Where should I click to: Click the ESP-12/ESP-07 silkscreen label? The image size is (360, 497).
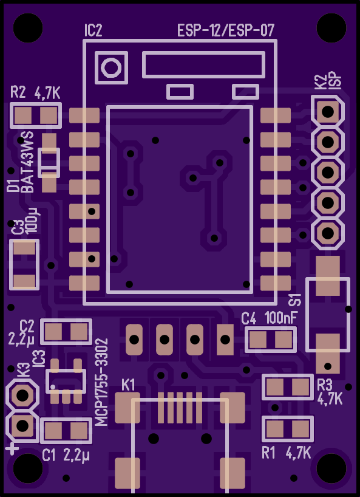click(226, 32)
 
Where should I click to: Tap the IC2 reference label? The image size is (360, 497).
click(93, 32)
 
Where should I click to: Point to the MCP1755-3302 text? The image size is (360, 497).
click(101, 382)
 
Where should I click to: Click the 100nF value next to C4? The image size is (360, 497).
click(282, 318)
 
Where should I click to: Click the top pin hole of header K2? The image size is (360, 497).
click(328, 112)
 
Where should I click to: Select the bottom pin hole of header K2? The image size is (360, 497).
click(328, 233)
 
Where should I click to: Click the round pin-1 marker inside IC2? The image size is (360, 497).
click(111, 67)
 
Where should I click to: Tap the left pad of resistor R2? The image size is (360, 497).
click(23, 115)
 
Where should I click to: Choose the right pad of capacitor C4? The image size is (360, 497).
click(284, 340)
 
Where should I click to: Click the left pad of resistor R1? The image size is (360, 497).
click(275, 430)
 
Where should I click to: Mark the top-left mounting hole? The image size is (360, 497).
click(28, 28)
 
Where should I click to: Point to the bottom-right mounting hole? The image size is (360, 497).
click(331, 468)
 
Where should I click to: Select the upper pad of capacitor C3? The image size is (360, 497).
click(24, 249)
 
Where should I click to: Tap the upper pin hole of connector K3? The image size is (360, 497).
click(22, 396)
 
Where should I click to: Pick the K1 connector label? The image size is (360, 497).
click(129, 385)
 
